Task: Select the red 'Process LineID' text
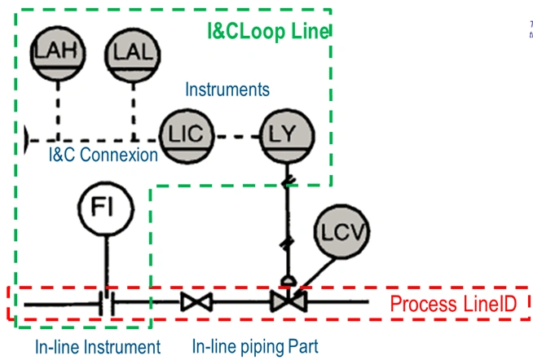coord(452,305)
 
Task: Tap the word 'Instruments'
coord(227,88)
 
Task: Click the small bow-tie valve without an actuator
coord(196,303)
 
